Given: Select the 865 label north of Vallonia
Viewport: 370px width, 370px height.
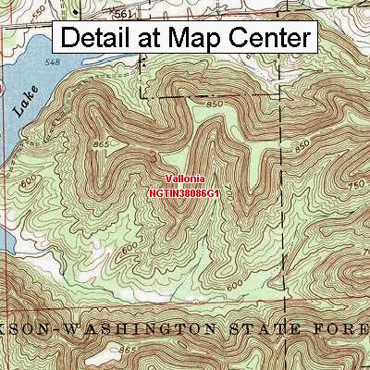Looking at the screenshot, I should pos(103,146).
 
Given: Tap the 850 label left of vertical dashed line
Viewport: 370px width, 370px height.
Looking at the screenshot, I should pos(217,105).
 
